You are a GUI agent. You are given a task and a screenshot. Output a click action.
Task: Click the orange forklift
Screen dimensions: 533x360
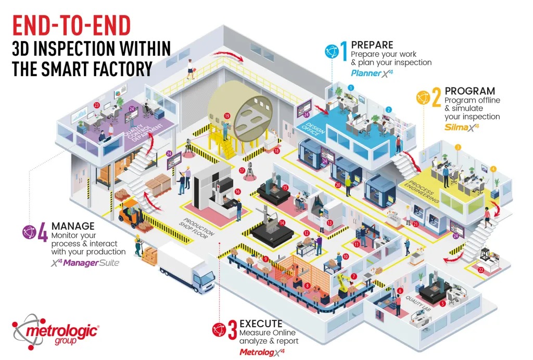tap(131, 214)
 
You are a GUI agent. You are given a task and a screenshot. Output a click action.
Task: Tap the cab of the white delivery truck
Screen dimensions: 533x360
tap(204, 279)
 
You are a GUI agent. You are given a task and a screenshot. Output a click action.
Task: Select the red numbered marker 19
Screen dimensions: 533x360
tap(227, 116)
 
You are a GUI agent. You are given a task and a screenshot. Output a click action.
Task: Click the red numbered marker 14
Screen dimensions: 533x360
tap(282, 223)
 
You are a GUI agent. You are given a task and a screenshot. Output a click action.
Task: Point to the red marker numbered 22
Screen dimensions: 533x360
tap(481, 270)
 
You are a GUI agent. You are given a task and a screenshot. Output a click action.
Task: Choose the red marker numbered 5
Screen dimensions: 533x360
tap(442, 304)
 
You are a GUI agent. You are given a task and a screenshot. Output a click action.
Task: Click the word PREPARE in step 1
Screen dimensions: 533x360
tap(372, 45)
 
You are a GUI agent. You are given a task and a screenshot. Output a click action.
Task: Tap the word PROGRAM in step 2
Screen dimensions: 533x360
tap(470, 91)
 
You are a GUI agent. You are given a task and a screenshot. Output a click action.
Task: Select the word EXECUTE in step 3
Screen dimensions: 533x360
tap(261, 323)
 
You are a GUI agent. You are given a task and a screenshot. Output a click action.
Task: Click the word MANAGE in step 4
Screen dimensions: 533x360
tap(73, 226)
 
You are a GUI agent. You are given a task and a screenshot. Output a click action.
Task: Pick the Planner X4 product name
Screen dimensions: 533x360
tap(372, 73)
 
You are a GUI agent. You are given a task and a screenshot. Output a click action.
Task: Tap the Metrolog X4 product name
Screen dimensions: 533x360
tap(262, 352)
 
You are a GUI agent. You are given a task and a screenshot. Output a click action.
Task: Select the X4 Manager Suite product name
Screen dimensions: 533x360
tap(85, 263)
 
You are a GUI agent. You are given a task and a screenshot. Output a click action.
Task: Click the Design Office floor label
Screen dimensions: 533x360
tap(313, 129)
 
